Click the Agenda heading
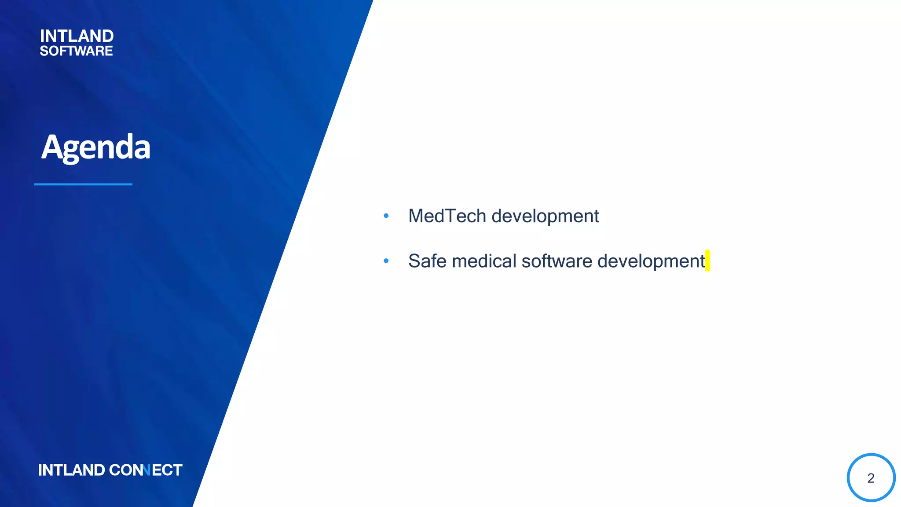point(96,147)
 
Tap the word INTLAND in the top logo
point(77,36)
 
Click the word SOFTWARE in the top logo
point(76,51)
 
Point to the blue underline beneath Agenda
point(83,184)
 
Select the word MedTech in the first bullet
point(447,216)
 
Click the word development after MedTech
point(545,217)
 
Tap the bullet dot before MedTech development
point(386,216)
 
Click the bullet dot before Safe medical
point(386,261)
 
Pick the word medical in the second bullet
point(484,261)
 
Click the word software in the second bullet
point(557,261)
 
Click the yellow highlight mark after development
point(707,261)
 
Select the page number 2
point(871,478)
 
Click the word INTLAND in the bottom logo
point(71,470)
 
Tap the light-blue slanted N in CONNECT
point(147,470)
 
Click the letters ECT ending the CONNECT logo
point(167,470)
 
